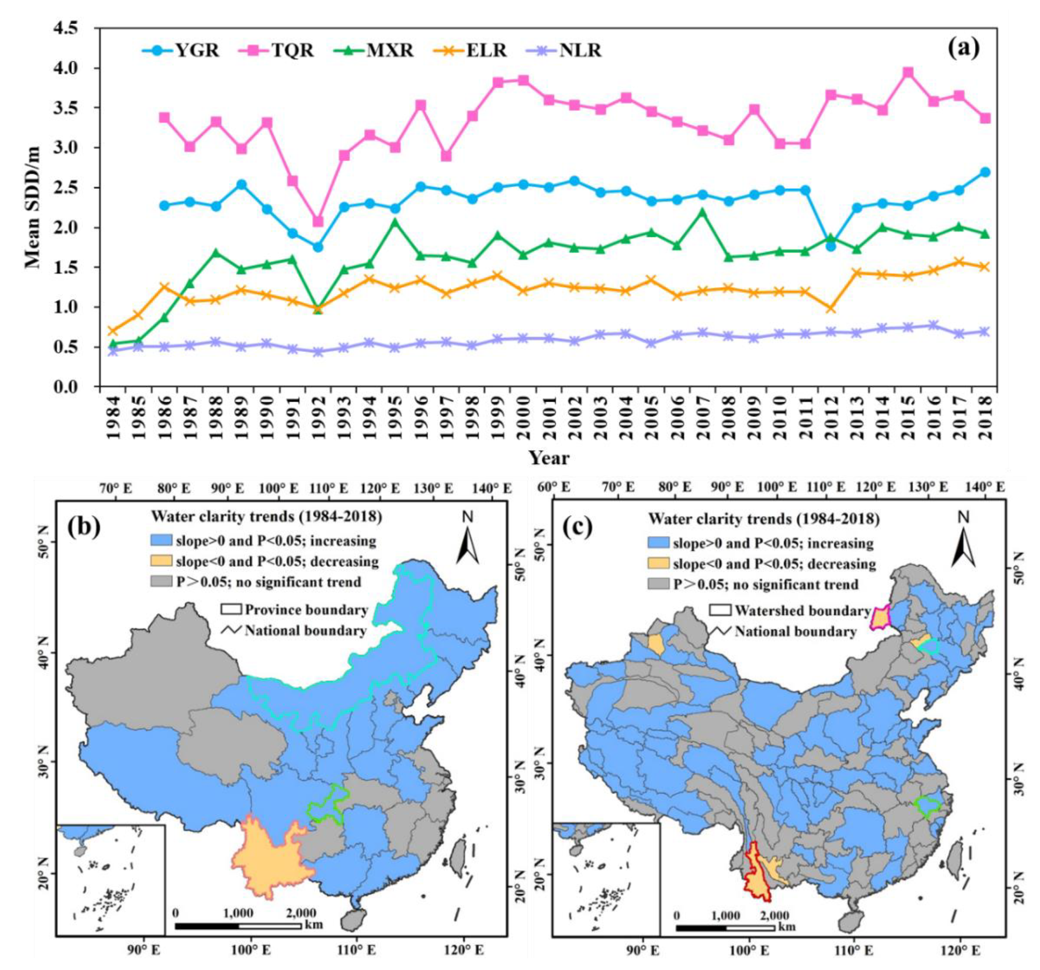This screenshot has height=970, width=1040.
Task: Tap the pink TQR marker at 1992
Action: (318, 221)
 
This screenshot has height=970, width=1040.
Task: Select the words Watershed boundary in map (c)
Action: (802, 610)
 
